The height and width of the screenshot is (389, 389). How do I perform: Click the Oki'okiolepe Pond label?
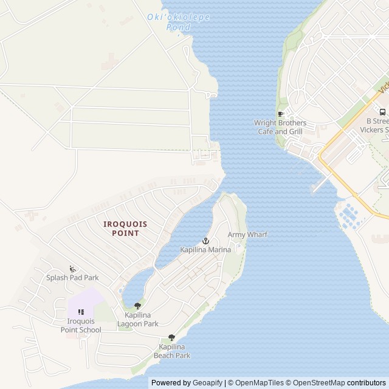[178, 22]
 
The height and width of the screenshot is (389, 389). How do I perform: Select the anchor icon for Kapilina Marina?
[205, 241]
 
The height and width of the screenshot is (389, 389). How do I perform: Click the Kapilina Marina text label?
[205, 250]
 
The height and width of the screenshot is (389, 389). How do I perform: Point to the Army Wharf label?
[247, 235]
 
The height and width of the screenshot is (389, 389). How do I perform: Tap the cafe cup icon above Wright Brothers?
[280, 114]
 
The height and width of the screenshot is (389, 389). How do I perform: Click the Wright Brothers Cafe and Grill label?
[280, 127]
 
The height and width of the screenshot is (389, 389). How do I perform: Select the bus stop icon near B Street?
[382, 112]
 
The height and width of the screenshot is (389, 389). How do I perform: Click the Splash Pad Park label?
[72, 278]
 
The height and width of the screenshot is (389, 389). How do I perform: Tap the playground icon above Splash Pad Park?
[72, 269]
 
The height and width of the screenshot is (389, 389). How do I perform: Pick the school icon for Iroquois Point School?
[81, 312]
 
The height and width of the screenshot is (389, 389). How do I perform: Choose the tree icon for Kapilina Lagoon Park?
[137, 306]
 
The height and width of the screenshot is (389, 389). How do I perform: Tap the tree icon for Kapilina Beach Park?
[171, 337]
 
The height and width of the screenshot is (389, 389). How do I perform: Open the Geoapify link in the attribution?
[207, 383]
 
